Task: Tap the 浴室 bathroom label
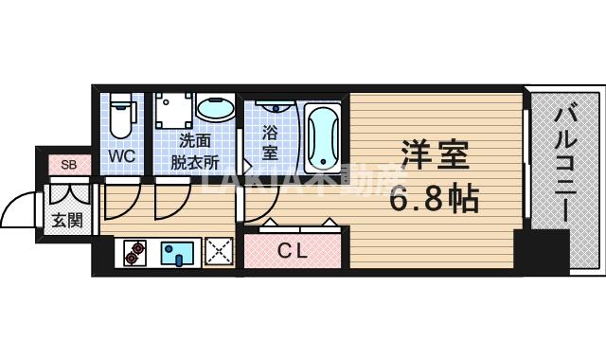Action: click(270, 141)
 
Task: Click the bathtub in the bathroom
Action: click(322, 139)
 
